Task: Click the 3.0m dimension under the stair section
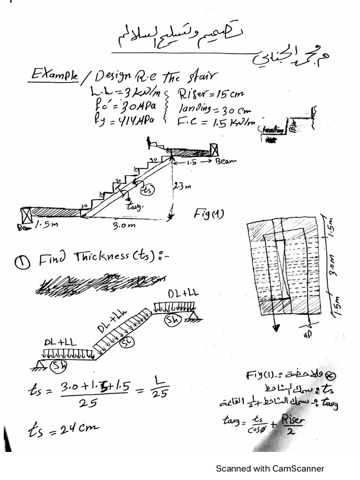[x=124, y=225]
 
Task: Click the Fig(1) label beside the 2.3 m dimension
[x=208, y=214]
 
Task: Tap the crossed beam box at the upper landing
[x=215, y=150]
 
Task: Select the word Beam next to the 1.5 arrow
[x=226, y=161]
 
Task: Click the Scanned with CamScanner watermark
[x=270, y=468]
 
